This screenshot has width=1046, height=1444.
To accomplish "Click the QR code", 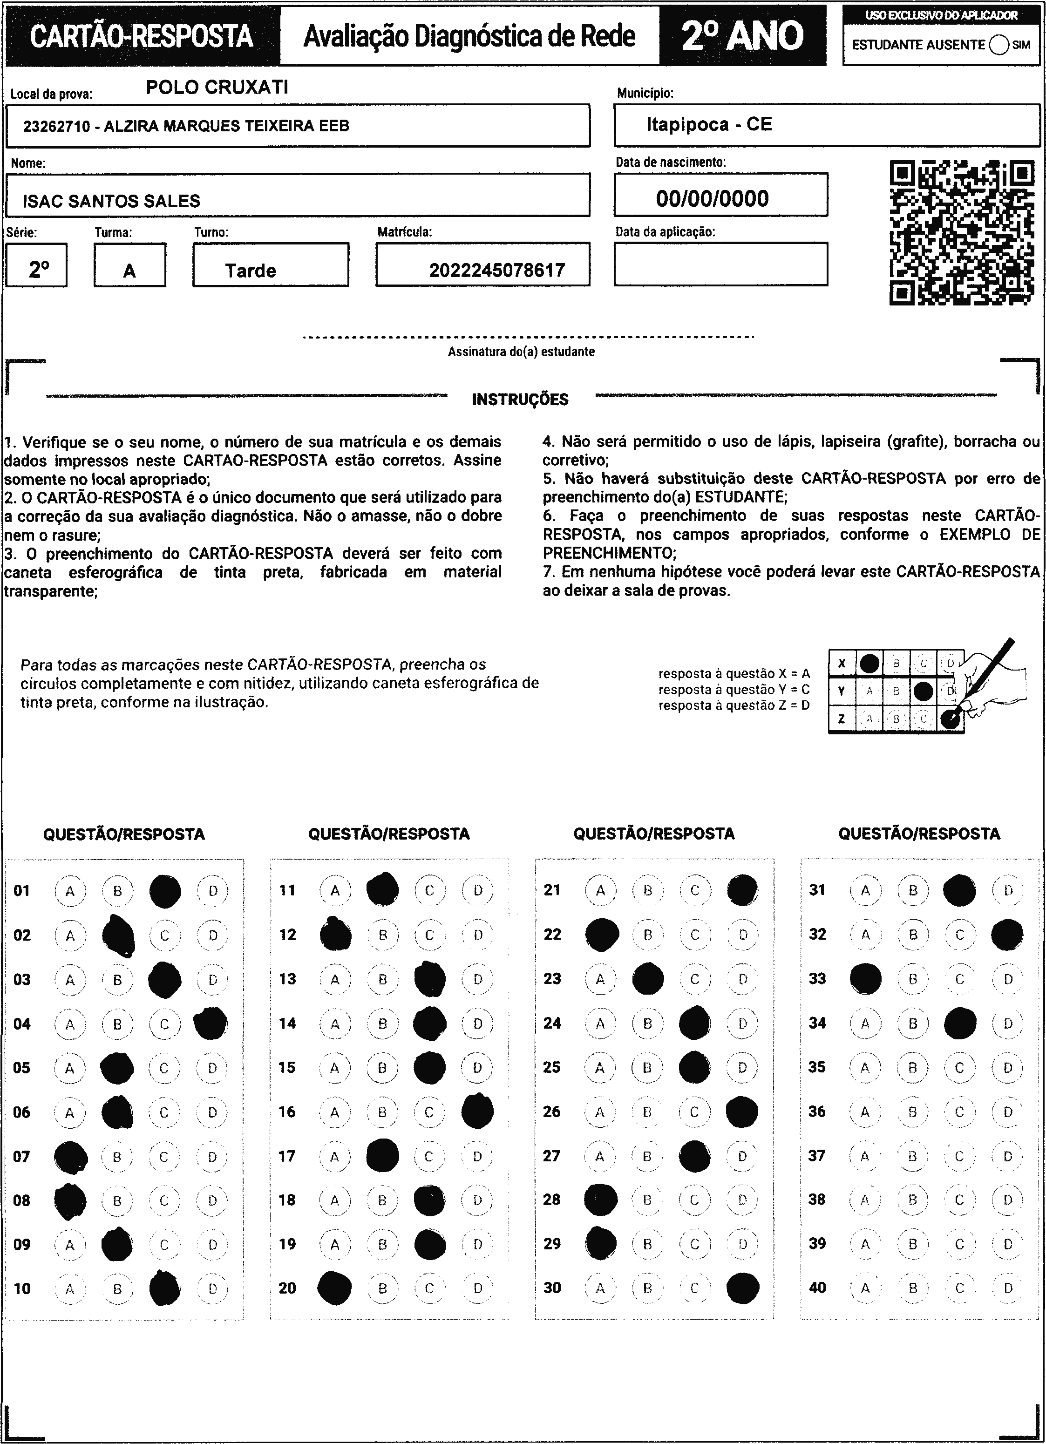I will click(961, 233).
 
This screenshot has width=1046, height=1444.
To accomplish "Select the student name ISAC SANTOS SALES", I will click(111, 201).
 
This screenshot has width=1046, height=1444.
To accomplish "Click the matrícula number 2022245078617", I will click(496, 271).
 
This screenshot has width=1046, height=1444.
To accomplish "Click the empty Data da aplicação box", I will click(720, 264).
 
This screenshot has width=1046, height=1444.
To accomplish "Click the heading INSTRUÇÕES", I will click(520, 400).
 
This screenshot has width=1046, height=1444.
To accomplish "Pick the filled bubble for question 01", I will click(165, 891).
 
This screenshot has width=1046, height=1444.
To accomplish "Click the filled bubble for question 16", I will click(477, 1112).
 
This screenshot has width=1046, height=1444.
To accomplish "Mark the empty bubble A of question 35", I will click(864, 1068).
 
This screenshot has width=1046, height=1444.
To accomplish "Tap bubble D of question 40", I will click(1008, 1288).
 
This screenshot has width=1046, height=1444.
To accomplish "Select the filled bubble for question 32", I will click(1007, 935).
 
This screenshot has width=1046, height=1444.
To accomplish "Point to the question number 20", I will click(287, 1288).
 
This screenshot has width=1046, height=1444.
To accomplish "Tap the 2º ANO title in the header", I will click(742, 36).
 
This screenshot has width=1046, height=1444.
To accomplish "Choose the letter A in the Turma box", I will click(129, 271).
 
